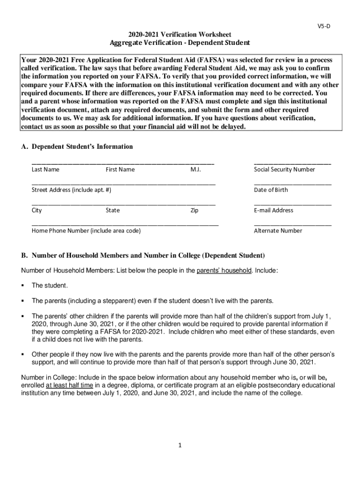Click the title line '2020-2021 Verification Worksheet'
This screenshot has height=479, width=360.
[x=180, y=35]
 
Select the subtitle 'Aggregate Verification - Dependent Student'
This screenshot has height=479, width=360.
[x=180, y=43]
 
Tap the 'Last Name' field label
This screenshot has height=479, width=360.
[x=45, y=169]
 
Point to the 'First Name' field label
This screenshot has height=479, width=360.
[x=120, y=169]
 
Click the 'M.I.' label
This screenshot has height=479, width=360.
[x=195, y=169]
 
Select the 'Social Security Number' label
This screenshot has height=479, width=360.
[x=284, y=169]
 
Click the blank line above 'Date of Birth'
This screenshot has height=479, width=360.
[x=293, y=184]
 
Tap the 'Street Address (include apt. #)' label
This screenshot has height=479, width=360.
[x=72, y=190]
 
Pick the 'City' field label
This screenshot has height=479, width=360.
[x=37, y=210]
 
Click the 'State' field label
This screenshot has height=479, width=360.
[x=113, y=210]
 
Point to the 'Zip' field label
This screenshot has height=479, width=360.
[x=194, y=210]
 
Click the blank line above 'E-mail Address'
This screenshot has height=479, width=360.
[x=293, y=205]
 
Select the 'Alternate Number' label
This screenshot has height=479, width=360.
[x=278, y=231]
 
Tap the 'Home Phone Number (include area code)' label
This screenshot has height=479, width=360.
[x=86, y=231]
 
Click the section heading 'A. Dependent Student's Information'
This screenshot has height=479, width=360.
[x=77, y=147]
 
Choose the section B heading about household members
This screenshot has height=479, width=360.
[x=143, y=256]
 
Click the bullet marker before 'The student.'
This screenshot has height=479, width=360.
[x=23, y=285]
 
